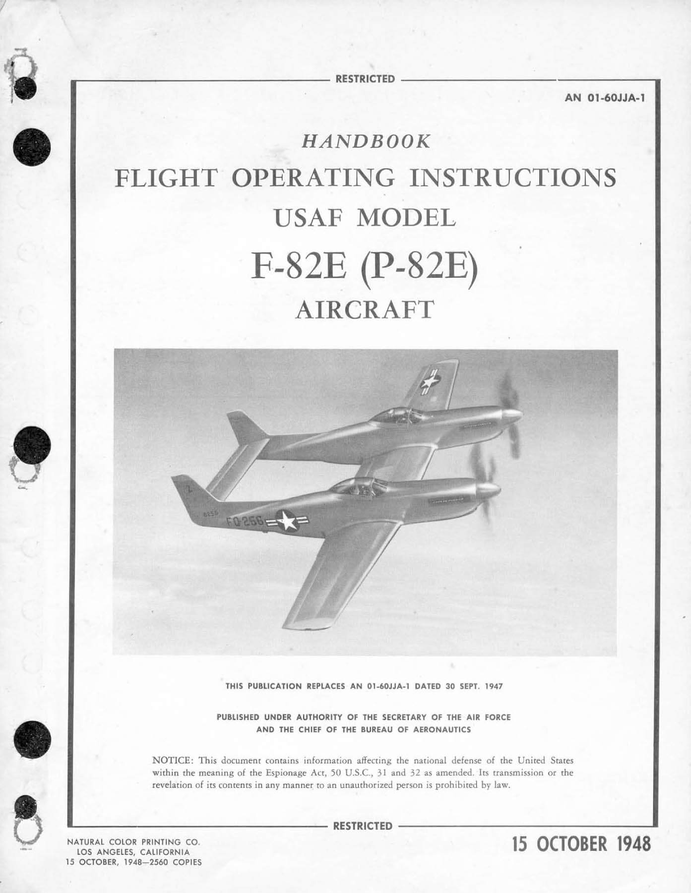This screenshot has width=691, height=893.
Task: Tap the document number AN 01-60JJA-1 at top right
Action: pos(605,98)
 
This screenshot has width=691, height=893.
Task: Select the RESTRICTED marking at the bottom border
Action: pos(363,826)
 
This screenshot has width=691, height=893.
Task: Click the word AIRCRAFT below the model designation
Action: pos(365,310)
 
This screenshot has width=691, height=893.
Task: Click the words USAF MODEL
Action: pos(365,218)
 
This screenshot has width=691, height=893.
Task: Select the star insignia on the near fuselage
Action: pos(287,520)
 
